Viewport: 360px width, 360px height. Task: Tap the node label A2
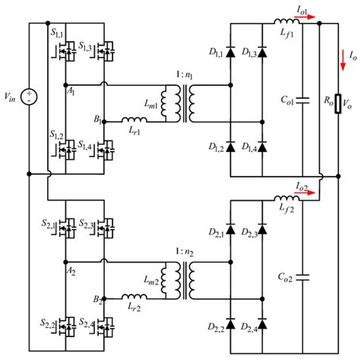[71, 269]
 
